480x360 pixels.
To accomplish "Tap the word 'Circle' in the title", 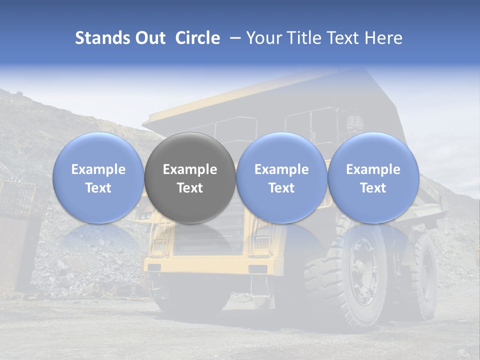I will point(197,38).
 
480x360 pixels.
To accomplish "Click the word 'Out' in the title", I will point(149,38).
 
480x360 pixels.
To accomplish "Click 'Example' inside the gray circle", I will point(190,169).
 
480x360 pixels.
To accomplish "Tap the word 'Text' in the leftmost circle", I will point(98,188).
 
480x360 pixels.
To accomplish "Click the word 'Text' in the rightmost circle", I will point(373,188).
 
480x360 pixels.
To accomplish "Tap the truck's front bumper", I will point(210,265).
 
